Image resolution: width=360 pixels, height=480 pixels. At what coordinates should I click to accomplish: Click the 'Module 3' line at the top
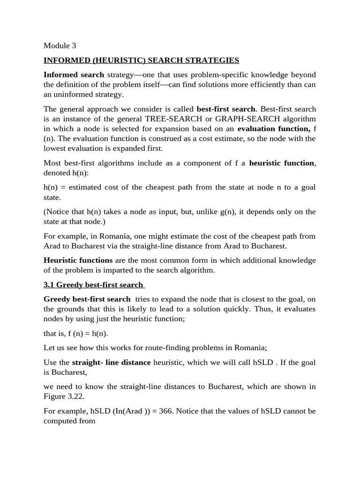tap(60, 46)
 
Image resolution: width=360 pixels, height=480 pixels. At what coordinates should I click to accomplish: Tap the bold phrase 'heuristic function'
tap(282, 163)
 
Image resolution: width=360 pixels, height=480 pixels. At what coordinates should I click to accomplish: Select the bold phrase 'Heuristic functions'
tap(78, 260)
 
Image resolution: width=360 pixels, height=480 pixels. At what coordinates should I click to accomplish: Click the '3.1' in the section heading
tap(49, 285)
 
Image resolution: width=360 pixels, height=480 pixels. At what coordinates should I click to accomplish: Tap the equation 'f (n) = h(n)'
tap(87, 334)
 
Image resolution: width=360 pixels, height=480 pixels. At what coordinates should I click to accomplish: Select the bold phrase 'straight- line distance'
tap(111, 362)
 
